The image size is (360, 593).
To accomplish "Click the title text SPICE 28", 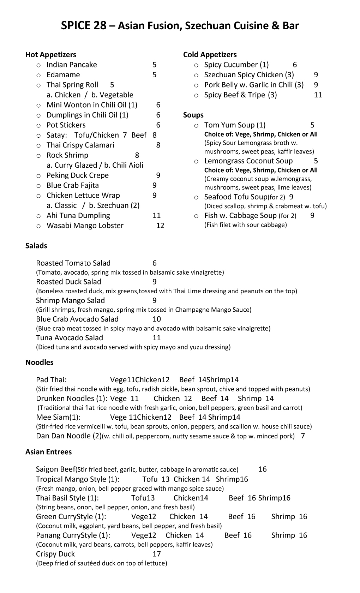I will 83,26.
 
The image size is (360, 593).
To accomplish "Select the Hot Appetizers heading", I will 51,55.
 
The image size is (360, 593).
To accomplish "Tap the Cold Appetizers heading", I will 210,55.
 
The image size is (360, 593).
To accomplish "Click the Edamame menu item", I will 63,75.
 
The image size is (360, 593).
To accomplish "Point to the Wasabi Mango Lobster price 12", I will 160,226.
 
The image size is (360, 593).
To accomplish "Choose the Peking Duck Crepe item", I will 78,175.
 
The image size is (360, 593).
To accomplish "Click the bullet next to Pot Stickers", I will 38,126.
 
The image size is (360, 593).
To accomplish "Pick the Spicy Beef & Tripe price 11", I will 318,95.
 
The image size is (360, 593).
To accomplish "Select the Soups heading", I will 193,115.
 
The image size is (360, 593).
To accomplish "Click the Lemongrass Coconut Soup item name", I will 248,161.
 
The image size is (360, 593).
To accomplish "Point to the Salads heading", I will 36,246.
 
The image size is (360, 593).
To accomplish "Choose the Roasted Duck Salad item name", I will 68,282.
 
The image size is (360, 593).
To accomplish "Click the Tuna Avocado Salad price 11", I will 156,338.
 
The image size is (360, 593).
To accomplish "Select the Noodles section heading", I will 40,363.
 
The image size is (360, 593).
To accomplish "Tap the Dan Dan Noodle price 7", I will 303,436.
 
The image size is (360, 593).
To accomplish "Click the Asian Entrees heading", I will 48,452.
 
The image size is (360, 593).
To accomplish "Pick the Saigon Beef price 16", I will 263,469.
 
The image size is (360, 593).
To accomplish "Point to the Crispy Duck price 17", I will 156,554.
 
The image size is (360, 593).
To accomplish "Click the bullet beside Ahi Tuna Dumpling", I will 38,216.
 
